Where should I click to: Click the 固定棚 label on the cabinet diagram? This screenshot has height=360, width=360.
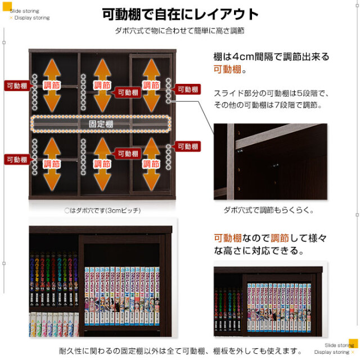point(101,123)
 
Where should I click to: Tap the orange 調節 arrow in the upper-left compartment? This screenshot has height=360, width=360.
point(52,85)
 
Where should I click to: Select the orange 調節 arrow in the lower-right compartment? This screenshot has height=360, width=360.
point(151,164)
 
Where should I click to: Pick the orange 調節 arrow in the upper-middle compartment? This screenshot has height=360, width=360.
point(102,85)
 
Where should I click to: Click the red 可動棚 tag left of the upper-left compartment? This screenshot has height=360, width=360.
point(16,85)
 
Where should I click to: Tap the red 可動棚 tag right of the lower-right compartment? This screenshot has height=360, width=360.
point(187,146)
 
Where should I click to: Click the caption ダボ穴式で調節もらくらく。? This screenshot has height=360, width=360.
point(268,210)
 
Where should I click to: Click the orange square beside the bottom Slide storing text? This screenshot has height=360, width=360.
point(353,343)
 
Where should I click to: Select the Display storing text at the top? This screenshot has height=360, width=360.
point(31,17)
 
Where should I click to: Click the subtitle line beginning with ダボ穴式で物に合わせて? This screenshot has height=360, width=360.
point(179,30)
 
